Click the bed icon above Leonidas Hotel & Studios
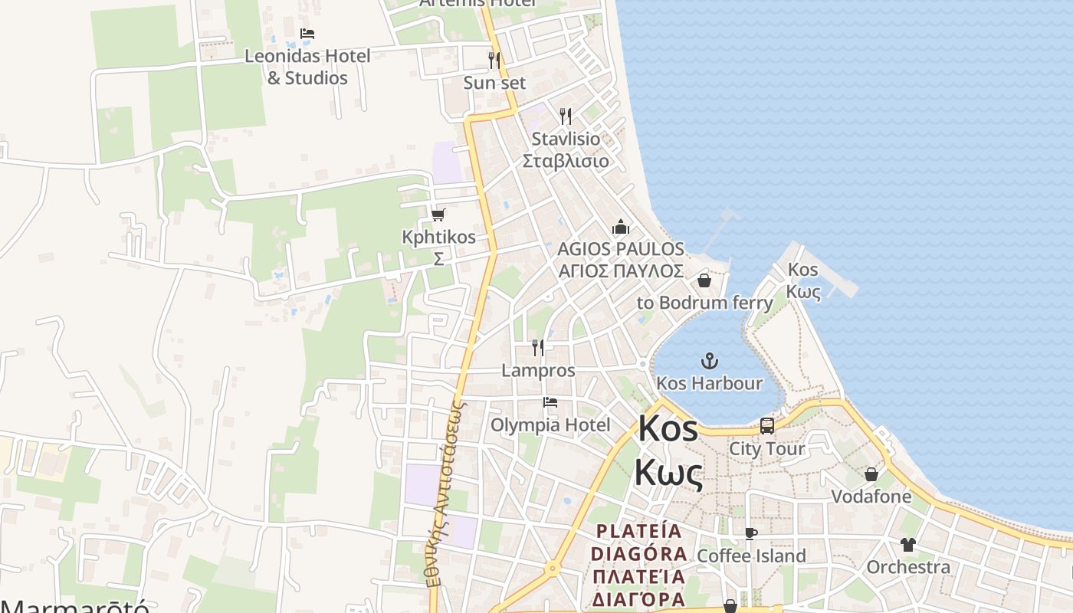click(307, 34)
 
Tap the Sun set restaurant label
click(494, 82)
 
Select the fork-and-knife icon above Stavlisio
click(566, 116)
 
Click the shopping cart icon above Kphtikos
click(438, 215)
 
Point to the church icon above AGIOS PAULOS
click(620, 227)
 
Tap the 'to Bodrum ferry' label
click(704, 303)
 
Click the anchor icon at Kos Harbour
click(710, 360)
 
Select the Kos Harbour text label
click(709, 383)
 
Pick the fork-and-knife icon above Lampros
click(538, 348)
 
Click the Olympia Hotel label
click(550, 425)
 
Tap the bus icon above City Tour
click(766, 426)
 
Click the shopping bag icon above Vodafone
click(871, 474)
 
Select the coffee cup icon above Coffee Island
click(750, 533)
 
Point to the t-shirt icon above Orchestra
click(908, 545)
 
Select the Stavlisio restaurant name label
click(566, 150)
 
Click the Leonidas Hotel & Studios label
click(307, 67)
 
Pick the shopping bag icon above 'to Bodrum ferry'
click(704, 280)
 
